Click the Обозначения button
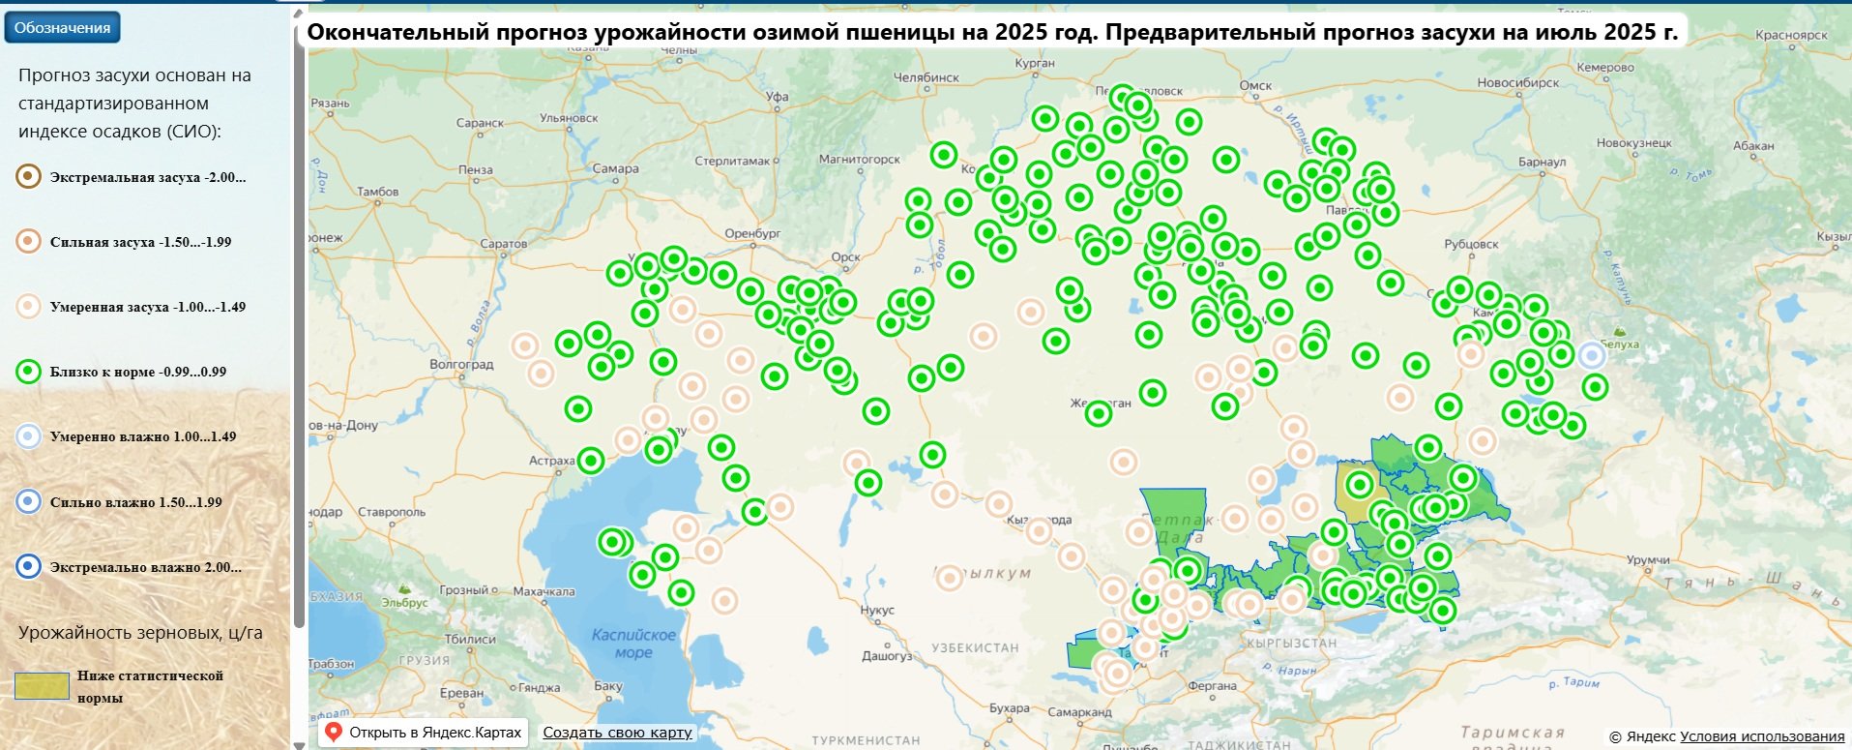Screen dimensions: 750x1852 click(x=62, y=28)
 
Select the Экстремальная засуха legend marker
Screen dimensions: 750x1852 click(x=29, y=177)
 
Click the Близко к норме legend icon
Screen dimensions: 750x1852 click(x=29, y=372)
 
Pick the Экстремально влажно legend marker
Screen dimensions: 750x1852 click(x=29, y=567)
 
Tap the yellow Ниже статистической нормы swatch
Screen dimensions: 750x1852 click(x=42, y=686)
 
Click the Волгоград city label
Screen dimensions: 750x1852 click(x=461, y=365)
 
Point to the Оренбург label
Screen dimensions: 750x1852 click(x=752, y=234)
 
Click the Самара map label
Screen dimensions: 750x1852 click(x=615, y=169)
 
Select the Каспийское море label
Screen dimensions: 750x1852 click(x=633, y=644)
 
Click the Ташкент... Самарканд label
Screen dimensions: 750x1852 click(x=1079, y=712)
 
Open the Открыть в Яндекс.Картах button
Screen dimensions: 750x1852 click(x=423, y=733)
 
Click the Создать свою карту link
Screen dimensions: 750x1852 click(x=617, y=733)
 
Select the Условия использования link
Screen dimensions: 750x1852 click(x=1762, y=736)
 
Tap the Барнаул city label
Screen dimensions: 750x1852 click(x=1542, y=163)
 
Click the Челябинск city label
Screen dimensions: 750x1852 click(x=926, y=77)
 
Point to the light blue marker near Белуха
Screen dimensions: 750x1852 click(x=1592, y=356)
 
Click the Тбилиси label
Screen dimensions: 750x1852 click(x=470, y=640)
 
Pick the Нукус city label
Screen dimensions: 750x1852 click(x=877, y=611)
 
